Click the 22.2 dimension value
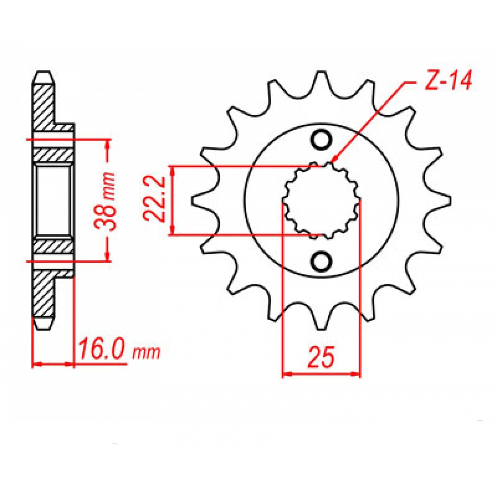coord(155,200)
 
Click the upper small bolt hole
coord(321,139)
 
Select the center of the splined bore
coord(321,200)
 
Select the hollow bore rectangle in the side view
coord(52,200)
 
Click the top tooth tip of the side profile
coord(43,75)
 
